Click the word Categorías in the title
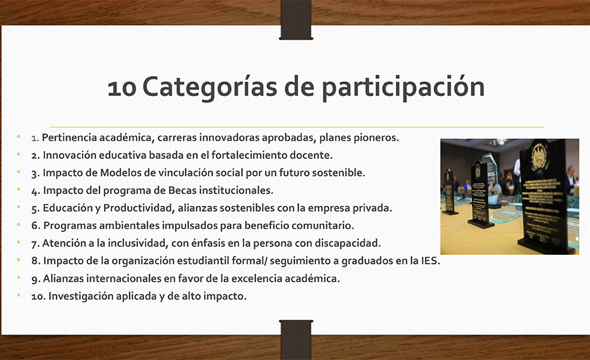point(210,87)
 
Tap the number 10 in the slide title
point(122,89)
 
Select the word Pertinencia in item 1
point(70,138)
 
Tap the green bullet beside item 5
point(19,207)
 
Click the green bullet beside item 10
point(19,295)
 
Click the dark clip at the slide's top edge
point(296,20)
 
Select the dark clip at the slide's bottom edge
point(296,339)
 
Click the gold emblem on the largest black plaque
point(538,156)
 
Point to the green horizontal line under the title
point(297,127)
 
